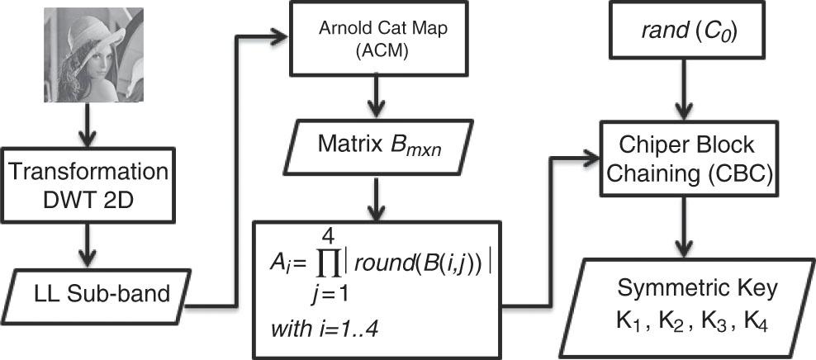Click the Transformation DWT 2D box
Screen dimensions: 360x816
pyautogui.click(x=93, y=183)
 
